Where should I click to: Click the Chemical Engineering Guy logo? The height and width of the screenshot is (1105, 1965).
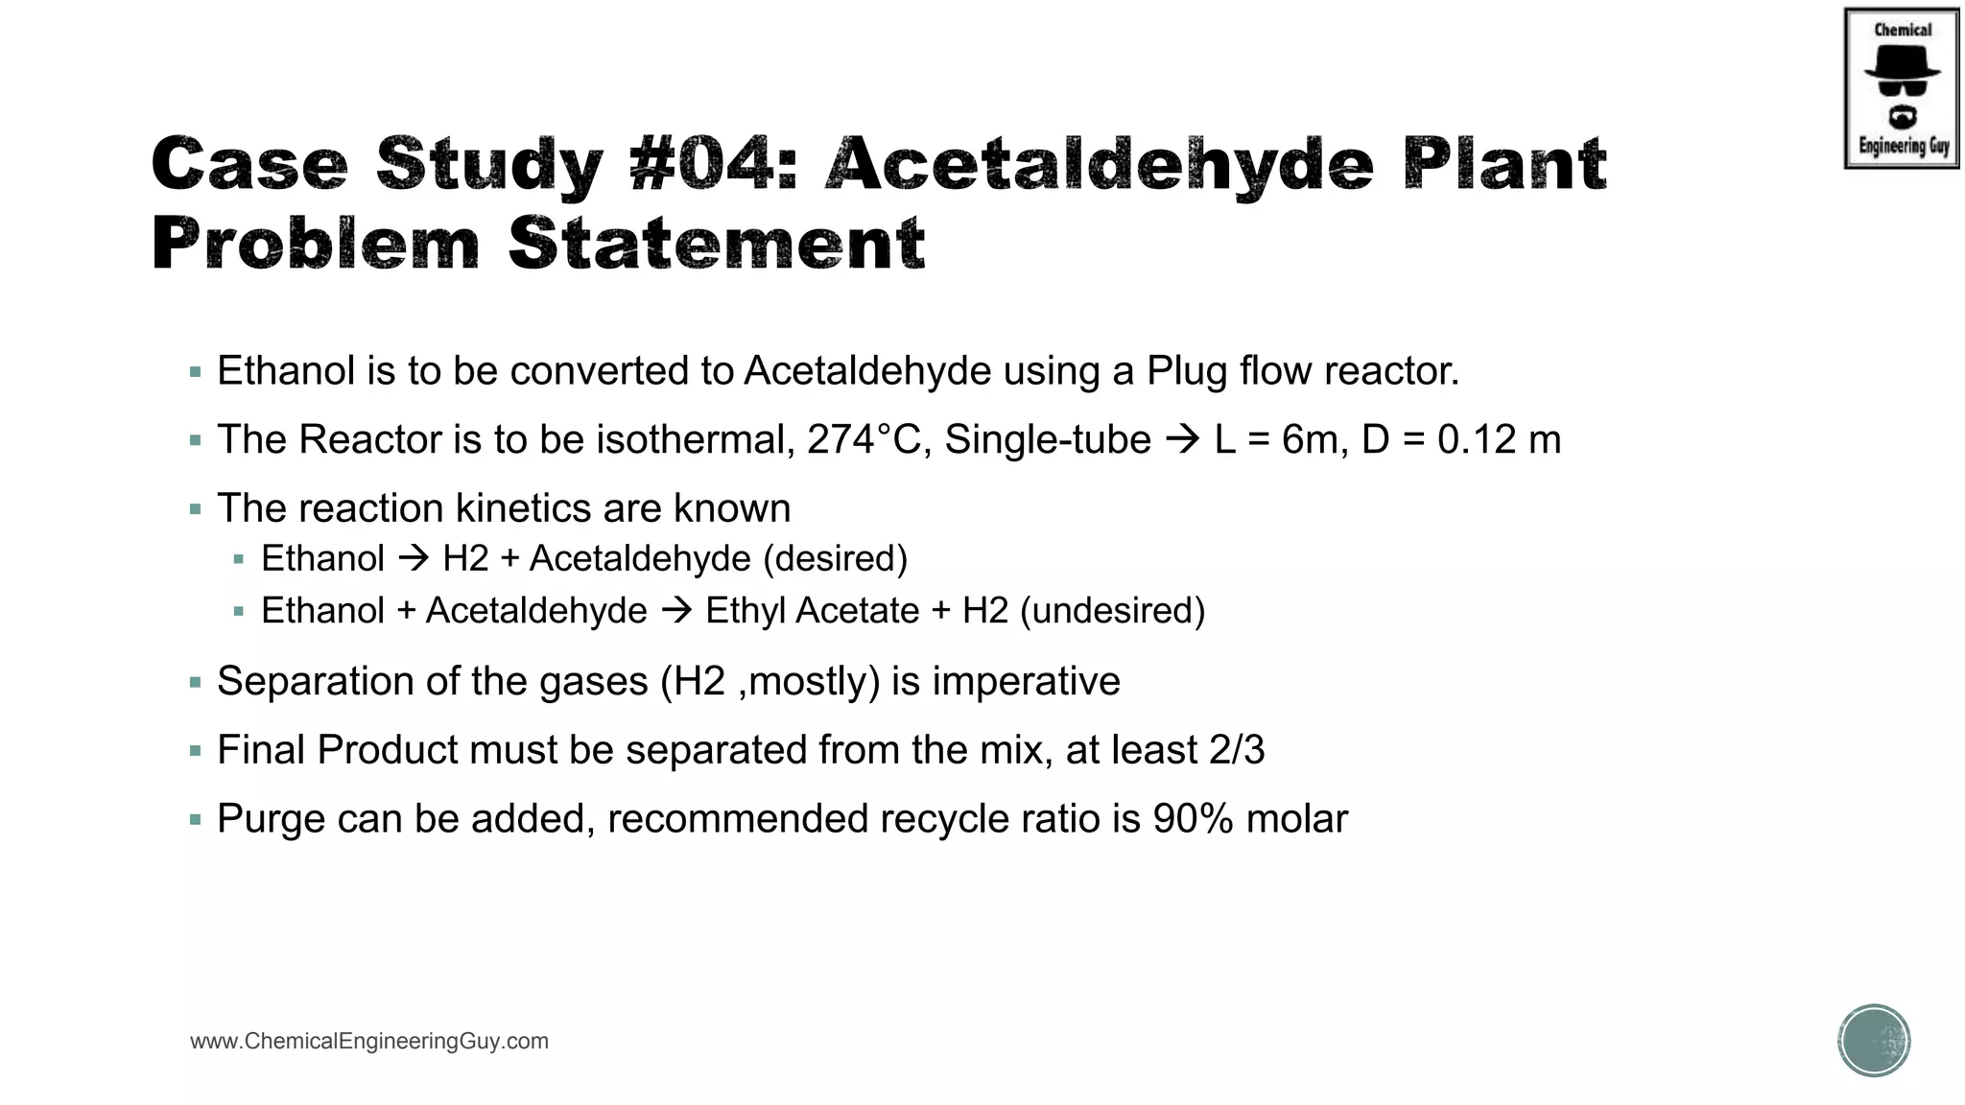tap(1902, 88)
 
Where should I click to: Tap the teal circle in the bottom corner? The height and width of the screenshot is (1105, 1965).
tap(1874, 1041)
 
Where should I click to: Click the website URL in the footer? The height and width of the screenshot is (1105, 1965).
tap(369, 1042)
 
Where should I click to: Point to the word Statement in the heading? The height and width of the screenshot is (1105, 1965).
tap(716, 244)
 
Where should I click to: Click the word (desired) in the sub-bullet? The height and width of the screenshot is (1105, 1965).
tap(835, 559)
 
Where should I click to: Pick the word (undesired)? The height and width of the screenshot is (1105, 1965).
tap(1112, 611)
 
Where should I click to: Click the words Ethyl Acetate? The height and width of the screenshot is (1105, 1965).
tap(812, 611)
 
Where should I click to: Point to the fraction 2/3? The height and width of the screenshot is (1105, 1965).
tap(1237, 750)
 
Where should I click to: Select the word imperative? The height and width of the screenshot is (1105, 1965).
tap(1026, 682)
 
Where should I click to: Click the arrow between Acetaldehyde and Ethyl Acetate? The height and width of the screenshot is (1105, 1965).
tap(676, 611)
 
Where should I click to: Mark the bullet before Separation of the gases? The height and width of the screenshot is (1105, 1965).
tap(196, 683)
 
